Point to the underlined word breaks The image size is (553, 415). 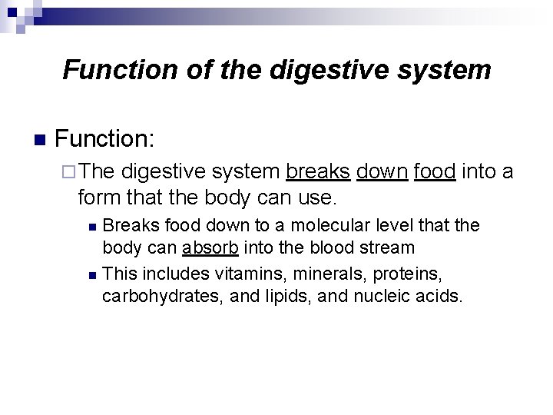[x=317, y=171]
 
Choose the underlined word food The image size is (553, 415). [x=435, y=171]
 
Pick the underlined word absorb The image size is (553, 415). [x=210, y=248]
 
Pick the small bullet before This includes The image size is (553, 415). [x=92, y=274]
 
